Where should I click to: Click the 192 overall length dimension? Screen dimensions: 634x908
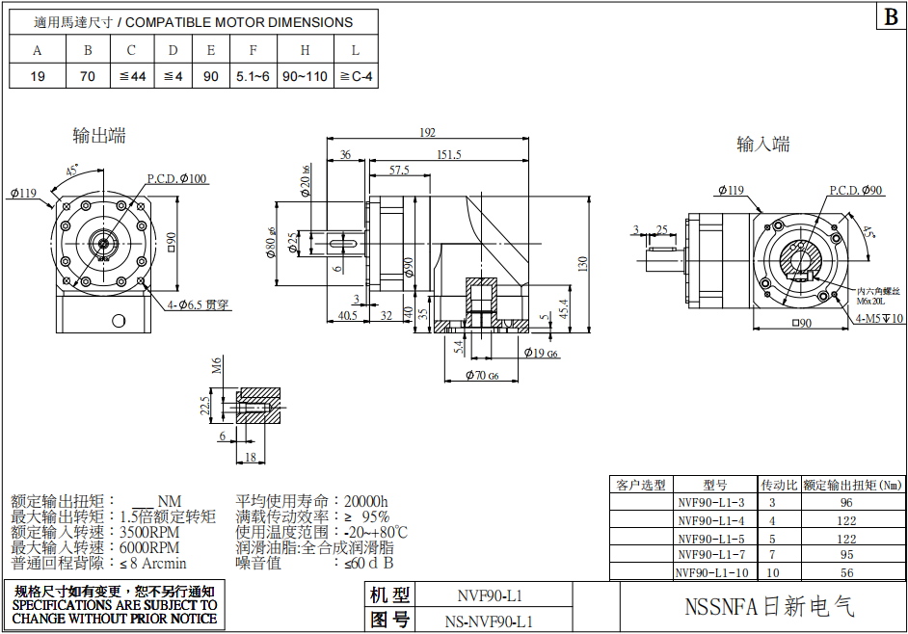(x=427, y=133)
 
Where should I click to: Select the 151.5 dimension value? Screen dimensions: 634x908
(x=448, y=154)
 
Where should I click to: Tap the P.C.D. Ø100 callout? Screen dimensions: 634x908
(x=177, y=178)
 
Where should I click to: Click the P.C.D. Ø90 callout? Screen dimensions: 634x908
(x=857, y=191)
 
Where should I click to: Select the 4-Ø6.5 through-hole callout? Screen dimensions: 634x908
(x=201, y=304)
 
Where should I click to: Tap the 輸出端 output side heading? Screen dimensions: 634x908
(x=99, y=135)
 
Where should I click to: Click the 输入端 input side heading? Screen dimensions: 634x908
(x=763, y=145)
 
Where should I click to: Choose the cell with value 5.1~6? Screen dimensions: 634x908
(x=253, y=76)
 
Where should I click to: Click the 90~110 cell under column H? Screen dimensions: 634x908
(x=305, y=76)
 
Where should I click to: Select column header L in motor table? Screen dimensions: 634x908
(x=356, y=50)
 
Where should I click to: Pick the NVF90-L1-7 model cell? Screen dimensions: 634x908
(x=711, y=555)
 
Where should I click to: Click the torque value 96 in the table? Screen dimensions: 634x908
(x=845, y=502)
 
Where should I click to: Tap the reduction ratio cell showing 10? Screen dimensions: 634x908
(x=772, y=572)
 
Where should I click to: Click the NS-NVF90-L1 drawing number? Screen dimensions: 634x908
(x=489, y=621)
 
